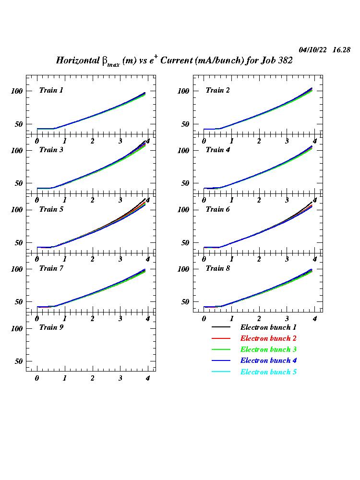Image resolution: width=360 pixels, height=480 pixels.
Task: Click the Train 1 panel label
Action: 51,90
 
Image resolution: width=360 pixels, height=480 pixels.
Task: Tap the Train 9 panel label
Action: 51,327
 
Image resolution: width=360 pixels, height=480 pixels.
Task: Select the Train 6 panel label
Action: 218,209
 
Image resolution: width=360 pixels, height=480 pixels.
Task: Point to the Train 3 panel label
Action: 51,150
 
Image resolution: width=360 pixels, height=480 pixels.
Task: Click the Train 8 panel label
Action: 218,268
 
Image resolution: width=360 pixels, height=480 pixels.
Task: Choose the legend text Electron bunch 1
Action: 268,327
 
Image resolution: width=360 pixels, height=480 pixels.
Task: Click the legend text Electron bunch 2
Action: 268,338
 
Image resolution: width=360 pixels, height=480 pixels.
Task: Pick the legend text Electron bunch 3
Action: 268,349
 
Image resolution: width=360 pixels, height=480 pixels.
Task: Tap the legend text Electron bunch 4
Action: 268,360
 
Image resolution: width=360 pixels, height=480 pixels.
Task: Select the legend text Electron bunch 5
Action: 268,372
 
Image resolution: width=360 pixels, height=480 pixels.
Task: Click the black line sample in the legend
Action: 221,327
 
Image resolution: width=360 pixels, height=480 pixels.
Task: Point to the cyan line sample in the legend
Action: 221,372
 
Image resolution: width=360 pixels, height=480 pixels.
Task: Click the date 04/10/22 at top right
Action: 313,50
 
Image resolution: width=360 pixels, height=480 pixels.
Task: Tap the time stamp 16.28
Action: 341,50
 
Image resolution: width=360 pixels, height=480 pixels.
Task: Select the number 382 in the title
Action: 284,60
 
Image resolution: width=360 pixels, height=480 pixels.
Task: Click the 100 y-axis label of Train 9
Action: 18,329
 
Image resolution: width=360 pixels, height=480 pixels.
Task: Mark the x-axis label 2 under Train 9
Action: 93,378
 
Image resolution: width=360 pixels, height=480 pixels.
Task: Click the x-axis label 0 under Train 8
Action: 204,319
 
